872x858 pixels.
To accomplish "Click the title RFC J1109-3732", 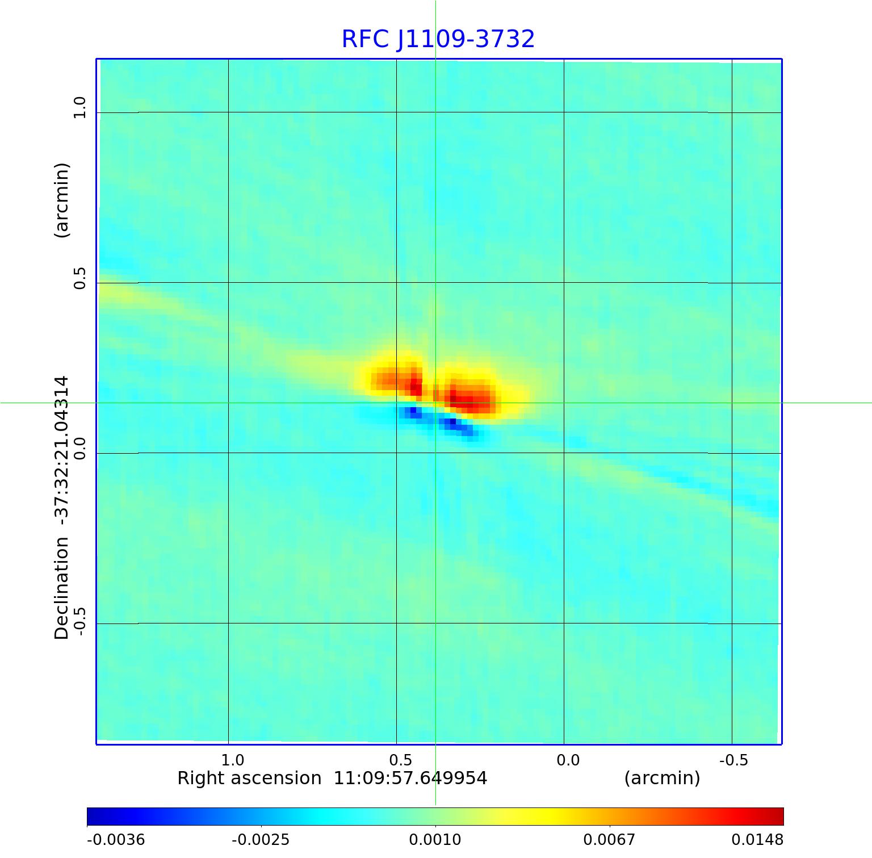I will tap(438, 39).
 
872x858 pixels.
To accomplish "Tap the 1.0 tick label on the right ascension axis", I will tap(232, 760).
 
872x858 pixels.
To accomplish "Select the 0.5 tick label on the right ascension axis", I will tap(400, 760).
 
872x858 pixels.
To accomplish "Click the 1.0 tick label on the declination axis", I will tap(79, 107).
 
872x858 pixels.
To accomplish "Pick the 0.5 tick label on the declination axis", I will tap(79, 278).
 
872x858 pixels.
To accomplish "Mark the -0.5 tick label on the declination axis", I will tap(79, 621).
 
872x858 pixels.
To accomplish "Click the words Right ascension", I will tap(249, 778).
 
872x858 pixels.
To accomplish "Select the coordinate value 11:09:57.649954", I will tap(410, 778).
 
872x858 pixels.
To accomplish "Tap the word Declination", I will tap(61, 588).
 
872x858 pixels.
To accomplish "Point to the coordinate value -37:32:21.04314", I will tap(61, 448).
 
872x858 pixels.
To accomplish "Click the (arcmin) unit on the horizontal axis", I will tap(662, 778).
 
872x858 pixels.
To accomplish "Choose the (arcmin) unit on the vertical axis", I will tap(61, 200).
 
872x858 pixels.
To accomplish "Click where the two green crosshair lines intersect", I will tap(435, 403).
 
